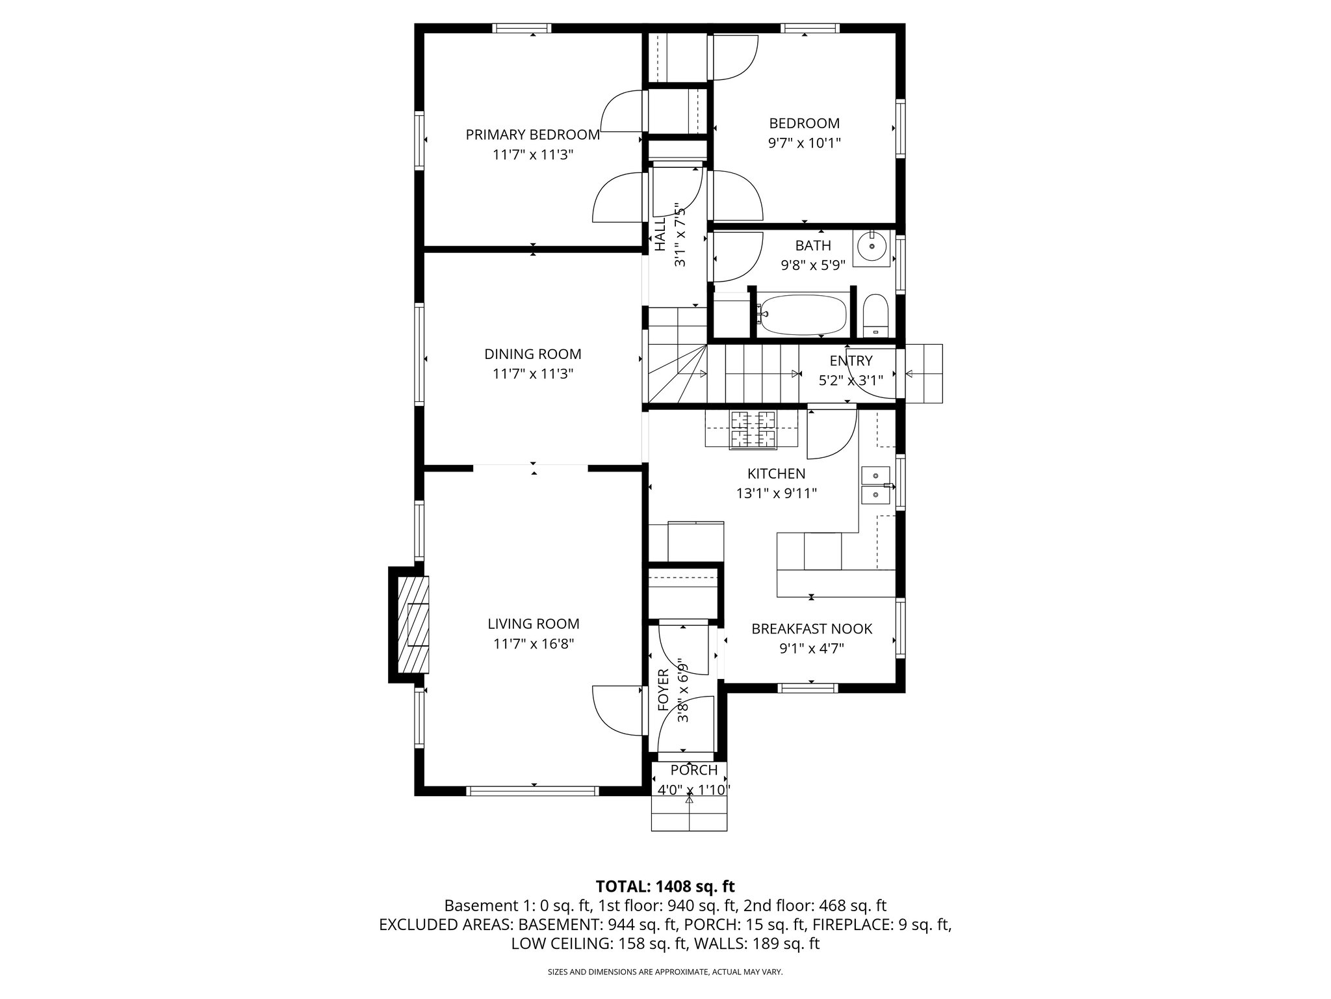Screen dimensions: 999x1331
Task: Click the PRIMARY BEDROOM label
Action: (x=532, y=135)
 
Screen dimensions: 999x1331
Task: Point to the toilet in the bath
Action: (x=875, y=315)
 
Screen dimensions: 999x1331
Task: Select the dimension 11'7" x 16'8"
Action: (x=533, y=644)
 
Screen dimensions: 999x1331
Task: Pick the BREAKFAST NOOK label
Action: (x=812, y=629)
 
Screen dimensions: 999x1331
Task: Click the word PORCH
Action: (x=693, y=770)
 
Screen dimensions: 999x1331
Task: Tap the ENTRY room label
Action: (x=851, y=361)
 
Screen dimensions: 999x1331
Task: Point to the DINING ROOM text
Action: (x=532, y=354)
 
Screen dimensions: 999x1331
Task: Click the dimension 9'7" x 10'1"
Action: (x=804, y=143)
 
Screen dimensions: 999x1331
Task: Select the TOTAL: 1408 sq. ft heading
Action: (x=665, y=886)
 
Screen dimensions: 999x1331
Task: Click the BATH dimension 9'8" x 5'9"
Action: (x=812, y=265)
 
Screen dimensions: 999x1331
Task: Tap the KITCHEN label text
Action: (x=776, y=473)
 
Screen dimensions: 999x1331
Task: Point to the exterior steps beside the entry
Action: (x=923, y=373)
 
